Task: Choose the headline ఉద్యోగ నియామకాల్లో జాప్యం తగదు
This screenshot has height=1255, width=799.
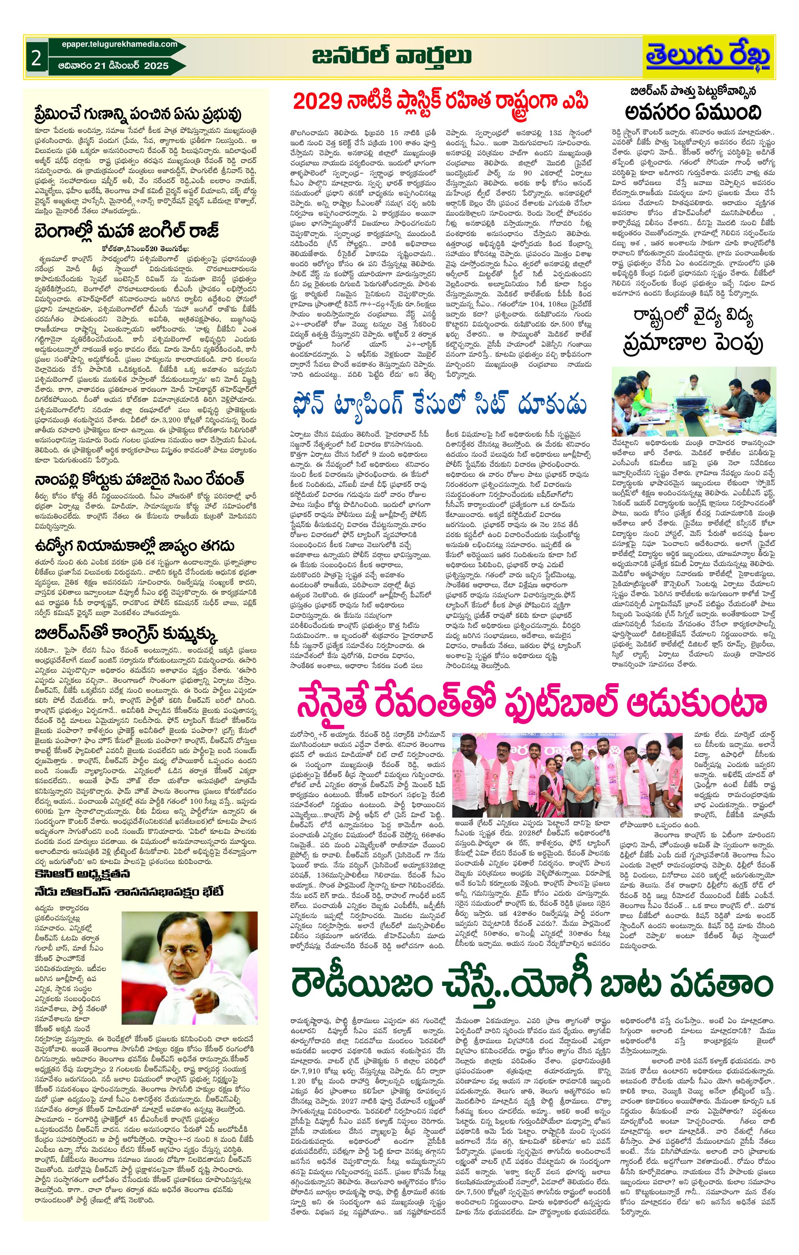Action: pyautogui.click(x=135, y=546)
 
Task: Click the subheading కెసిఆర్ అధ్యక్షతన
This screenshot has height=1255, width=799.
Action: pyautogui.click(x=82, y=874)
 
